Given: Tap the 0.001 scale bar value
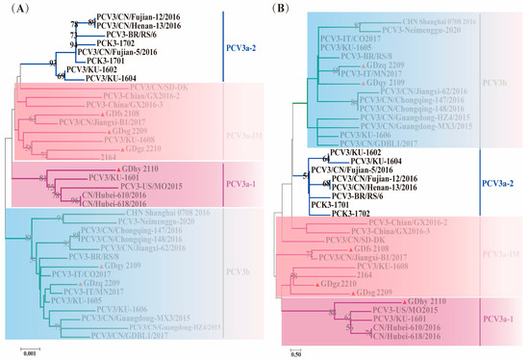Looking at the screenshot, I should tap(30, 351).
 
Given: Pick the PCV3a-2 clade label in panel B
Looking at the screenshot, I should tap(501, 182).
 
